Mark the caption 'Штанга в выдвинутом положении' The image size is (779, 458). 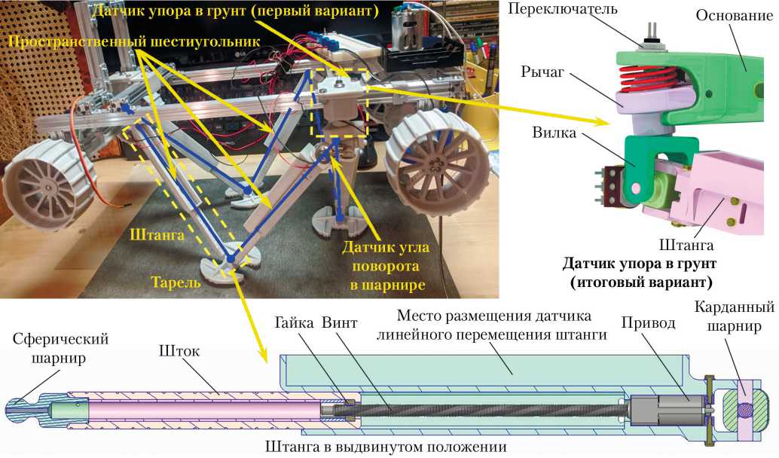385,446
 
